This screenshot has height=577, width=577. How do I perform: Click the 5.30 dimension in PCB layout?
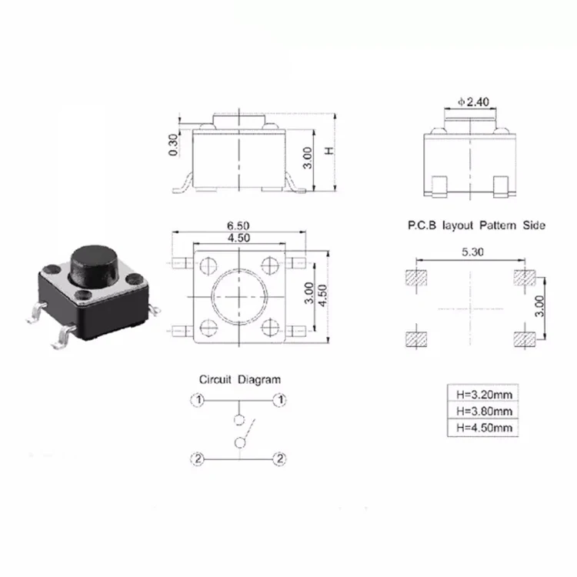pos(472,252)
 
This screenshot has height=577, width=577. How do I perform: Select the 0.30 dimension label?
pos(173,144)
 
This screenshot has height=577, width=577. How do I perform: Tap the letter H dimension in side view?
pos(329,152)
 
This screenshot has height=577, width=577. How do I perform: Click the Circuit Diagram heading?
pos(240,379)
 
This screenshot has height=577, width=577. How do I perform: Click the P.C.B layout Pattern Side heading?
pos(476,226)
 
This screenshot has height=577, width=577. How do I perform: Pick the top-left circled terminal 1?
pos(198,400)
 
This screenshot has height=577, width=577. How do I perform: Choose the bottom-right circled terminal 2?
pos(280,459)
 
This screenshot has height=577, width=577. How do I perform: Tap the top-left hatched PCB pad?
pos(415,278)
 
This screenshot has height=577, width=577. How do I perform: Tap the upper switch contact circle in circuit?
pos(239,420)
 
